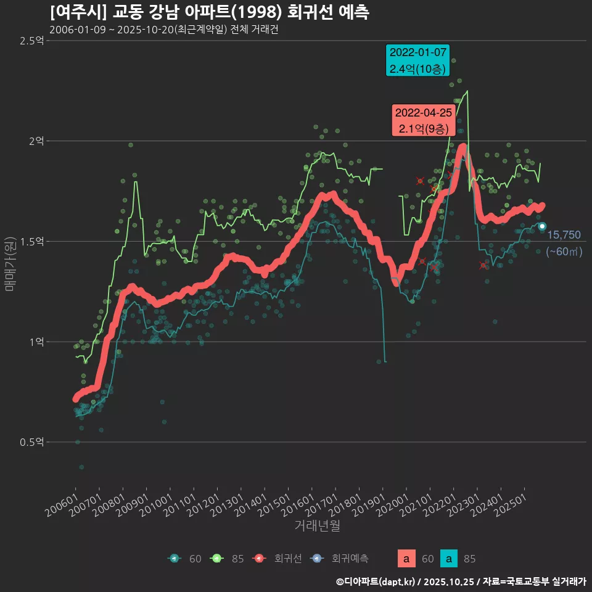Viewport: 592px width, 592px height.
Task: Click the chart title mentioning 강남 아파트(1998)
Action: point(210,12)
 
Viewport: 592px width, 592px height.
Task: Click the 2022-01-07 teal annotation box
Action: point(417,60)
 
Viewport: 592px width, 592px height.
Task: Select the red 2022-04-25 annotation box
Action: point(424,121)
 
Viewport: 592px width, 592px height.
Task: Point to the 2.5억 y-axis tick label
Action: point(31,41)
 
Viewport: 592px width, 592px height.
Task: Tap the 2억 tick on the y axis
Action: point(36,141)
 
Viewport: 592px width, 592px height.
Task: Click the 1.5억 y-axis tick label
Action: point(31,241)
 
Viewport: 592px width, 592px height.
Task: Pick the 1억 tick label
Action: point(36,342)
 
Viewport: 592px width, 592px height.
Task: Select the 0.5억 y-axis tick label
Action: point(31,442)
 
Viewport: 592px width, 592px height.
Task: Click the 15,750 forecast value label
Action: point(564,235)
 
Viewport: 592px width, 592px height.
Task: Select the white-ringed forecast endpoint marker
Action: point(542,226)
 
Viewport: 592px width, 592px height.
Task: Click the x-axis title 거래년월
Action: point(317,525)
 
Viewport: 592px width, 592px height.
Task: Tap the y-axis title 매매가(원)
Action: point(10,263)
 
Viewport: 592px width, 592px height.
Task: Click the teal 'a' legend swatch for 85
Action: point(451,559)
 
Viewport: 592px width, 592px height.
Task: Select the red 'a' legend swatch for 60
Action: point(406,559)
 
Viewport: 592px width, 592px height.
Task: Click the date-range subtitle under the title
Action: point(164,30)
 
